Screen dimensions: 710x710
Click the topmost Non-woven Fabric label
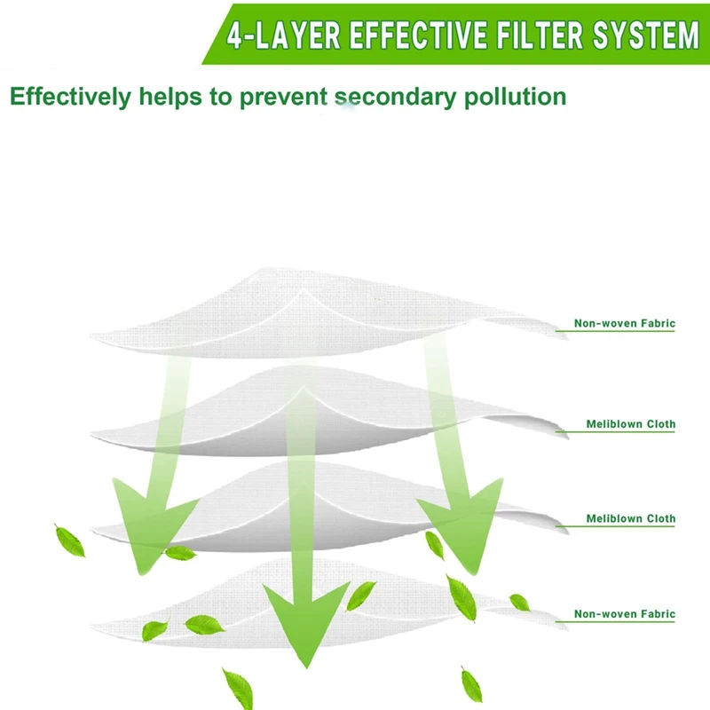tap(624, 325)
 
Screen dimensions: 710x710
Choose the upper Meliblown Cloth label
tap(630, 424)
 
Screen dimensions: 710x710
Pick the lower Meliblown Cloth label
tap(630, 518)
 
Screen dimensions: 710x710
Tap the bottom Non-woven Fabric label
tap(624, 613)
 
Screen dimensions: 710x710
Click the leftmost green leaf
tap(69, 540)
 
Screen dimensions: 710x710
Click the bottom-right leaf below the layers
tap(471, 684)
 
